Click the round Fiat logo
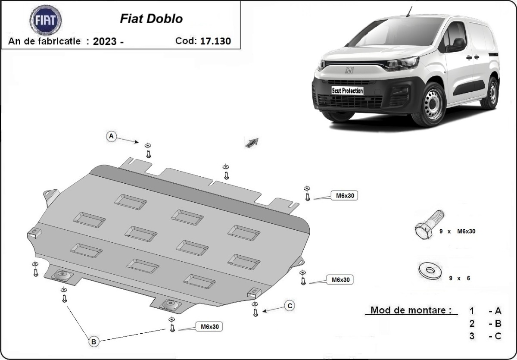(x=45, y=20)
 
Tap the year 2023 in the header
(x=106, y=42)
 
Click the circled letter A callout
(x=112, y=136)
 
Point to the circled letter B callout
(x=94, y=341)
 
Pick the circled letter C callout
(x=290, y=306)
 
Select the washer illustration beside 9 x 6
(x=430, y=271)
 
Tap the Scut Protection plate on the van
(x=347, y=91)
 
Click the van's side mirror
(x=458, y=44)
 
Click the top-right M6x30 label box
(x=344, y=196)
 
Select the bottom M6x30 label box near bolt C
(x=209, y=327)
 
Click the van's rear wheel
(x=490, y=93)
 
